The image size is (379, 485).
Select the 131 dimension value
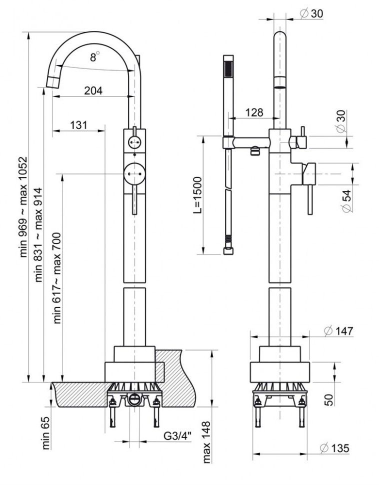tap(78, 124)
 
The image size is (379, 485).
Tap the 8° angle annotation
tap(94, 57)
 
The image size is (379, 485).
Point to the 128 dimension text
tap(254, 112)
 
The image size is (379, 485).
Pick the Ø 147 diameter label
tap(338, 330)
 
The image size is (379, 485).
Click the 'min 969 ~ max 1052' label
tap(23, 207)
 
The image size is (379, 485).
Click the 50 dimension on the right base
tap(342, 400)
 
